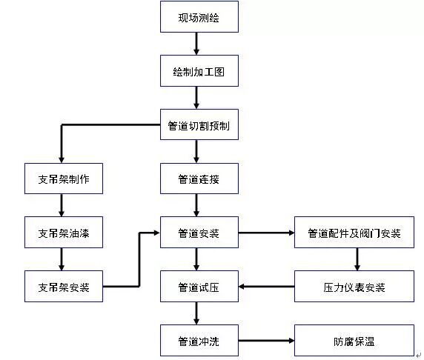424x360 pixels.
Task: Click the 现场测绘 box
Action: pyautogui.click(x=199, y=17)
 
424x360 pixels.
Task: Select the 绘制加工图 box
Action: pyautogui.click(x=199, y=72)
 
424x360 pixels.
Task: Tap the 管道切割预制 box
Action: pyautogui.click(x=199, y=125)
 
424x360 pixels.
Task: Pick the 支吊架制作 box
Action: pyautogui.click(x=63, y=179)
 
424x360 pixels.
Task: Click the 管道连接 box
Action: pyautogui.click(x=199, y=179)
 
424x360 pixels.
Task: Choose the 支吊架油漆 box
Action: pyautogui.click(x=63, y=233)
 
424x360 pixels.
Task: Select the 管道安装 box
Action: pyautogui.click(x=199, y=233)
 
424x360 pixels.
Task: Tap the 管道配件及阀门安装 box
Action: pyautogui.click(x=354, y=233)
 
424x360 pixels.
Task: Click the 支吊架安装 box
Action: pyautogui.click(x=63, y=287)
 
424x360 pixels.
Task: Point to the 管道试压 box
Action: pyautogui.click(x=199, y=287)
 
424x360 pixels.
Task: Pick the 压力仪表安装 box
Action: pyautogui.click(x=354, y=287)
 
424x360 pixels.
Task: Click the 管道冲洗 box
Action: pyautogui.click(x=199, y=341)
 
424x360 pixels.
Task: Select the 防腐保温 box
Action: pyautogui.click(x=354, y=341)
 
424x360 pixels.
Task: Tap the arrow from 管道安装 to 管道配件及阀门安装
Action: pyautogui.click(x=266, y=233)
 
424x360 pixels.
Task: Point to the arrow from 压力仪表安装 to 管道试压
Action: pyautogui.click(x=266, y=287)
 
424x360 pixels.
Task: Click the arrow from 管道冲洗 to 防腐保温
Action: pyautogui.click(x=266, y=341)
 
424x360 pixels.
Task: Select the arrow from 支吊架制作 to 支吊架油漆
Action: pyautogui.click(x=62, y=205)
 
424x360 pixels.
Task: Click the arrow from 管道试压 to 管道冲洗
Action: pyautogui.click(x=196, y=313)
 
